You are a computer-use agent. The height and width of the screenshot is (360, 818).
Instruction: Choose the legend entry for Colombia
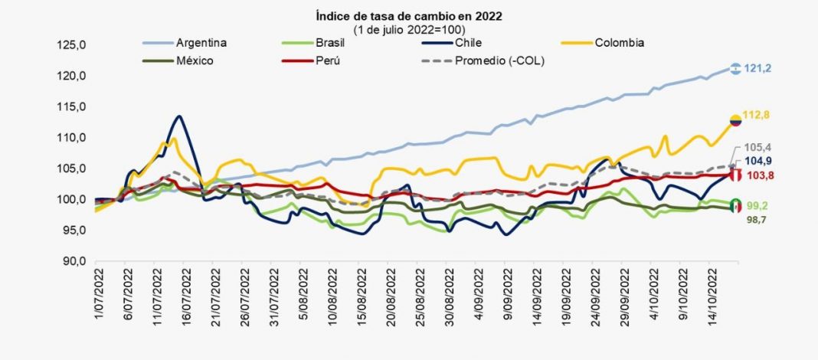coord(620,42)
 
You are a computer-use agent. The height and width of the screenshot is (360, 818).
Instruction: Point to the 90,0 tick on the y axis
coord(74,261)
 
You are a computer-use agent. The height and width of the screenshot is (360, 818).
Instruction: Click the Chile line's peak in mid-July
coord(178,116)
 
